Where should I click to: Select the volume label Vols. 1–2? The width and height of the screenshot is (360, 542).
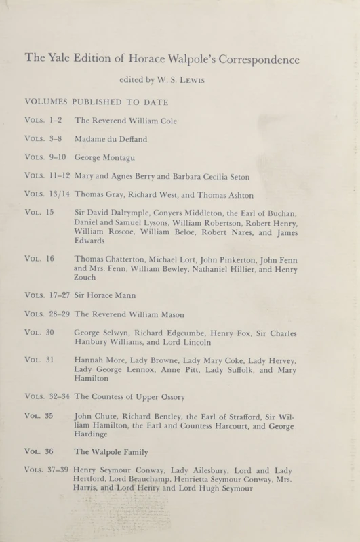coord(43,120)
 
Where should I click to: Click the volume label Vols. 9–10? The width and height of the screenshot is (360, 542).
coord(45,157)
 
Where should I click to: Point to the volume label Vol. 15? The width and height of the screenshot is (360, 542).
coord(39,213)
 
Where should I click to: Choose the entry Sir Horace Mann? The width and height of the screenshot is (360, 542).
coord(108,296)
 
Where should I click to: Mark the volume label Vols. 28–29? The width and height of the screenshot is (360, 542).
coord(47,315)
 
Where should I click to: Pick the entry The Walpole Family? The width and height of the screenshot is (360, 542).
coord(113,452)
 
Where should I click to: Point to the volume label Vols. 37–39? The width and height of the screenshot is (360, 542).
coord(47,471)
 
